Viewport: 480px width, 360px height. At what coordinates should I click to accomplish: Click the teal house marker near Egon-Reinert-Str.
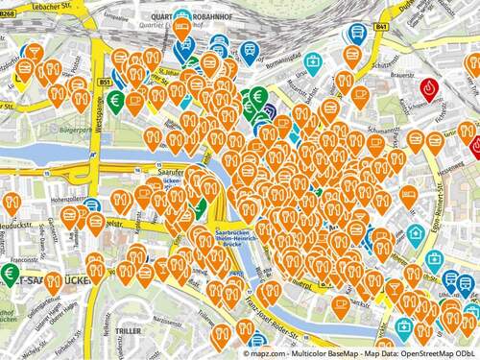pos(415,233)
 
